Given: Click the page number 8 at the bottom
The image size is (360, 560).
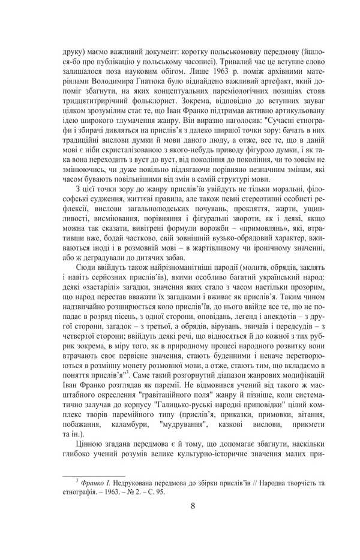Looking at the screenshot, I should [x=193, y=505].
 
